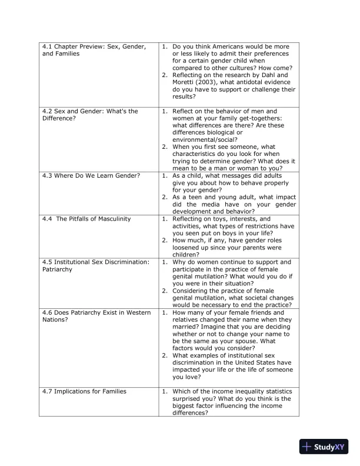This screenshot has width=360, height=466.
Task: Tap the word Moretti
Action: [185, 82]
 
